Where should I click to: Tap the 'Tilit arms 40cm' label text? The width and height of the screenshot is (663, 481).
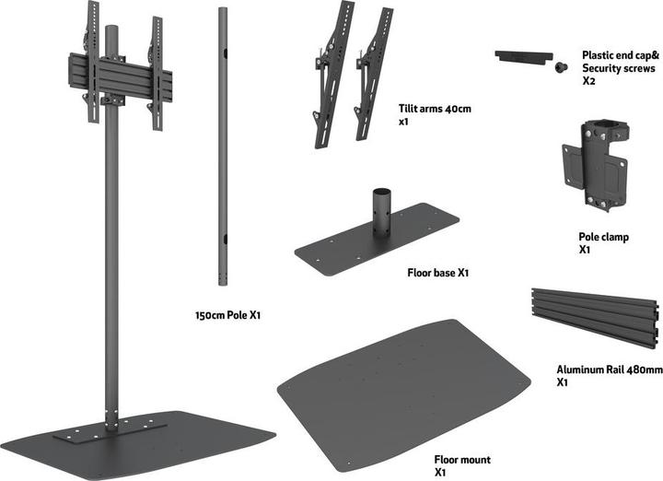pyautogui.click(x=435, y=109)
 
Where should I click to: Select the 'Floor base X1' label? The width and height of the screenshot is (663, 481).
pyautogui.click(x=438, y=273)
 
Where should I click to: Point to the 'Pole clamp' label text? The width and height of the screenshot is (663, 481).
pyautogui.click(x=603, y=237)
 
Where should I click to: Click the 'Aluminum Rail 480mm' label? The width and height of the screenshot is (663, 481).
pyautogui.click(x=608, y=370)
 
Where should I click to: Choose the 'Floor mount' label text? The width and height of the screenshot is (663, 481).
pyautogui.click(x=462, y=459)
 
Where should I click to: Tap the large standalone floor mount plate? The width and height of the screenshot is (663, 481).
pyautogui.click(x=405, y=382)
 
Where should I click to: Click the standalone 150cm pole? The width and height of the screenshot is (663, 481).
pyautogui.click(x=222, y=147)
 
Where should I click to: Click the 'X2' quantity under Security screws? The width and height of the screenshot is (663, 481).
pyautogui.click(x=588, y=81)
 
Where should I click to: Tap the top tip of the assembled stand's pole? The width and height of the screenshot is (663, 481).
pyautogui.click(x=111, y=29)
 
